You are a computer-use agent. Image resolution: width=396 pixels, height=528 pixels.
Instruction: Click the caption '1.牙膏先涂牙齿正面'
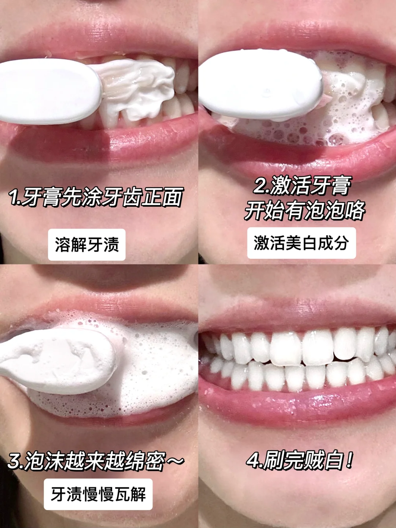(96, 198)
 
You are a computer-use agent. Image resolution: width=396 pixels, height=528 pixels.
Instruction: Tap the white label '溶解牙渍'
(87, 245)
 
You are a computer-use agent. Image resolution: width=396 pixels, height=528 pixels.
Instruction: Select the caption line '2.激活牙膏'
(302, 186)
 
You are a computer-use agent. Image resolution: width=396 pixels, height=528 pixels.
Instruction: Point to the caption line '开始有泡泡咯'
(305, 210)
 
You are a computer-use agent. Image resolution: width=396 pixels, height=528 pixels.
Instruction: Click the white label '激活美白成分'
(301, 243)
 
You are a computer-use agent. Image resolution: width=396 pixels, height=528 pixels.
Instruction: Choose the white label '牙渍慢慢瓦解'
(98, 494)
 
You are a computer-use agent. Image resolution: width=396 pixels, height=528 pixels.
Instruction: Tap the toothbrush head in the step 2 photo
(261, 84)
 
